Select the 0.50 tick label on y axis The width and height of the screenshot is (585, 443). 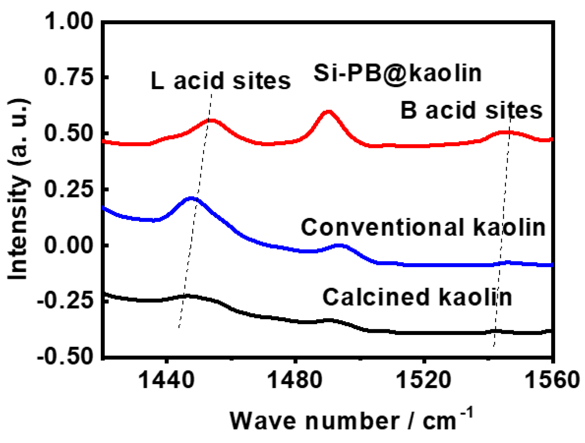pyautogui.click(x=69, y=133)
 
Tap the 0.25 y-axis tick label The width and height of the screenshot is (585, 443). pyautogui.click(x=69, y=189)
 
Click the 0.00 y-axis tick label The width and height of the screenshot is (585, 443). pyautogui.click(x=69, y=245)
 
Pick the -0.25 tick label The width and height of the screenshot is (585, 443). pyautogui.click(x=65, y=301)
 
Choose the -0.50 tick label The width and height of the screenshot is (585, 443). pyautogui.click(x=65, y=357)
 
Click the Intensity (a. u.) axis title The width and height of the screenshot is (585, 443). pyautogui.click(x=18, y=189)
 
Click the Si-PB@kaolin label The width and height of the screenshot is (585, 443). pyautogui.click(x=397, y=73)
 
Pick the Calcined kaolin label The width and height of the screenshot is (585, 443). pyautogui.click(x=417, y=297)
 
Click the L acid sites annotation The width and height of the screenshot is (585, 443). pyautogui.click(x=221, y=80)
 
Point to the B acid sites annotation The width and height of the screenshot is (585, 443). pyautogui.click(x=471, y=110)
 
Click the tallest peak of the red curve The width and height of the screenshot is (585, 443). pyautogui.click(x=328, y=111)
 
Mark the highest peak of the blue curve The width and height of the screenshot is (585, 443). pyautogui.click(x=191, y=198)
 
